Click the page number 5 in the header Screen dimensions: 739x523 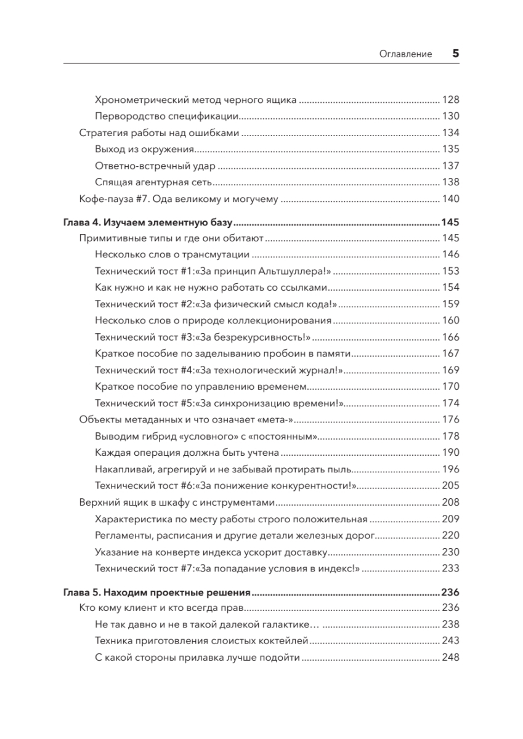456,54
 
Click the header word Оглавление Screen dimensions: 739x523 405,54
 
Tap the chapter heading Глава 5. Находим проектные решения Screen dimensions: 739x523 157,593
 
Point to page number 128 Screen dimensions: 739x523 451,99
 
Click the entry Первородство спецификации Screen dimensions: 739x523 168,116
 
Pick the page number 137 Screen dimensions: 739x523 451,166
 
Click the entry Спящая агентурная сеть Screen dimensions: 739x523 155,182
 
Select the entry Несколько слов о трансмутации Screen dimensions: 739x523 172,254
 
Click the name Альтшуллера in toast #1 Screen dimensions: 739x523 277,271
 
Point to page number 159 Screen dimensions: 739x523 451,304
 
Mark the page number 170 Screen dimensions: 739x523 451,387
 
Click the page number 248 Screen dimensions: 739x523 451,658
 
